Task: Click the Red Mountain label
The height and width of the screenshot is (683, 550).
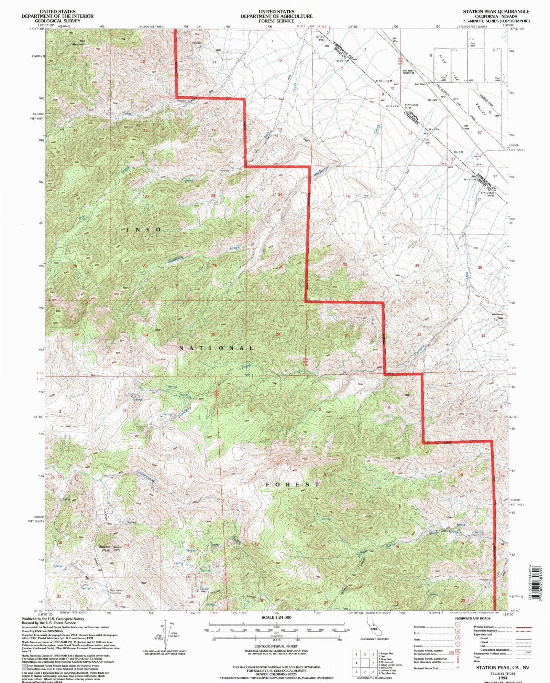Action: click(79, 43)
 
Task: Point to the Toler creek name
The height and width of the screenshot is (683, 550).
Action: click(127, 114)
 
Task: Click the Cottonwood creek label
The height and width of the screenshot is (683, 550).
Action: click(146, 476)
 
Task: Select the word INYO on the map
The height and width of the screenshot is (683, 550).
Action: click(144, 230)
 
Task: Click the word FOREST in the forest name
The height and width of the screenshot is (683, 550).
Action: click(293, 484)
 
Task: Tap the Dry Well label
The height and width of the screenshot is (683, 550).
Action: click(428, 141)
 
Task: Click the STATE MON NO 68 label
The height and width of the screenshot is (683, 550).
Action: click(411, 106)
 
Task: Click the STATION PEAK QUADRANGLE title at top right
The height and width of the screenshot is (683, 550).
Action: click(496, 11)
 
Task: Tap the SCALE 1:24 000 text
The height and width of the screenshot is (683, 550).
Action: click(276, 617)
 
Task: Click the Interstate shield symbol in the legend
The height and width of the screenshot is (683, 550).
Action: click(457, 627)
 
